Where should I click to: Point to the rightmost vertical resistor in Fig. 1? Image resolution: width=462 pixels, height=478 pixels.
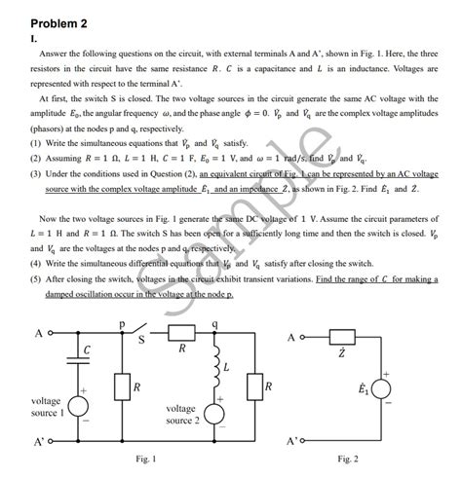[253, 389]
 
